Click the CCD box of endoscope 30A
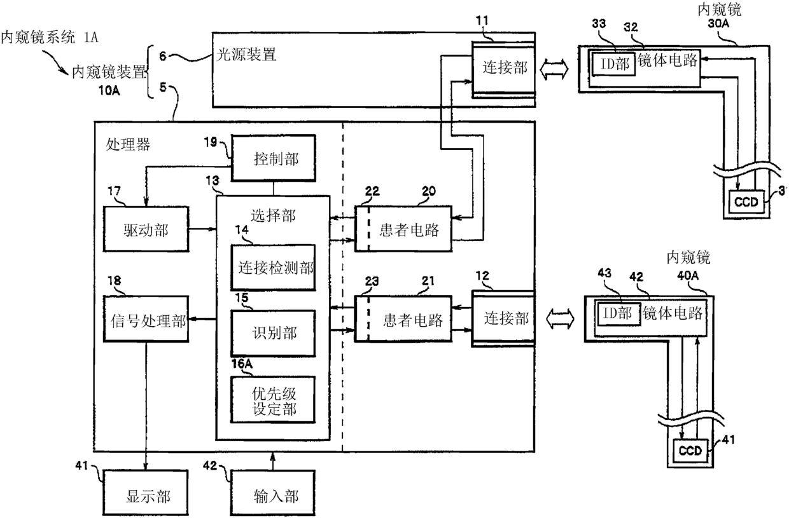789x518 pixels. point(746,201)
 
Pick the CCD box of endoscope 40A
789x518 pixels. point(690,451)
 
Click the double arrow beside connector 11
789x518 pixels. point(554,69)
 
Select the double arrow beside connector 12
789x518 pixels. point(560,319)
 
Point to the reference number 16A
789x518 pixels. point(242,364)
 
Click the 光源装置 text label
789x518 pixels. point(246,55)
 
